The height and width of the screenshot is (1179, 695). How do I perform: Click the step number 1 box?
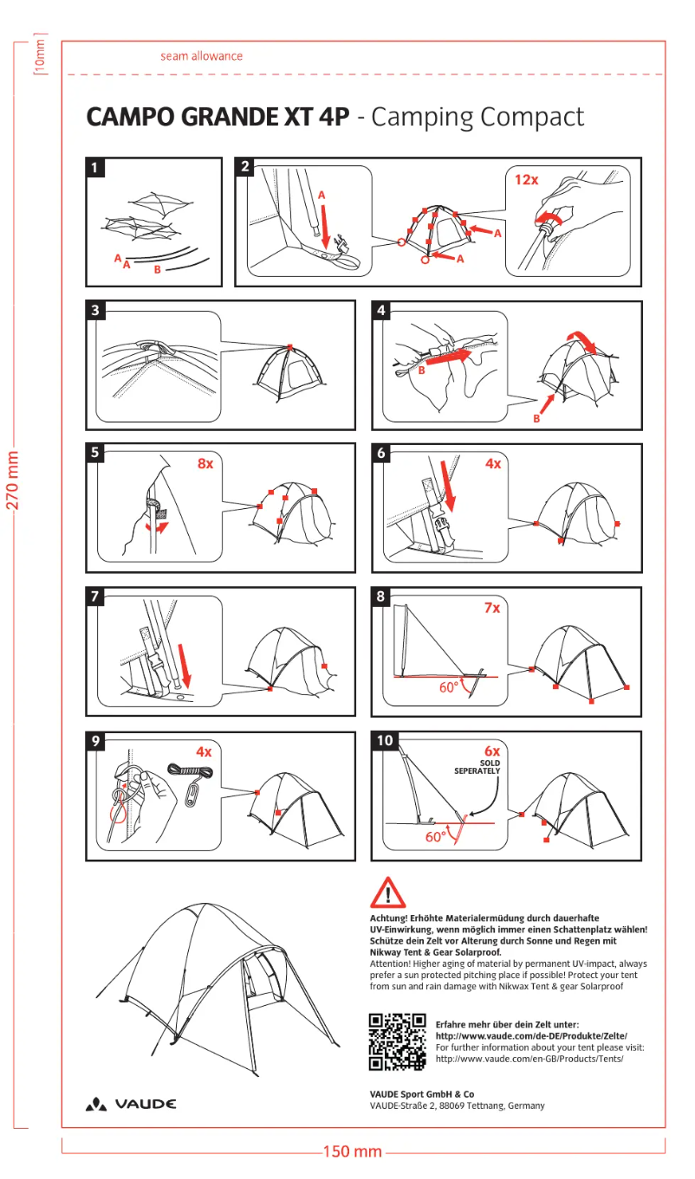tap(96, 168)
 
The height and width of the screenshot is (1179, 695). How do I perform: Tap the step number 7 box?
tap(96, 596)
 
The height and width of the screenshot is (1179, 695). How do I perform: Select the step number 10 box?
tap(385, 741)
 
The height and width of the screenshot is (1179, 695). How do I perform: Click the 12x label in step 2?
tap(526, 180)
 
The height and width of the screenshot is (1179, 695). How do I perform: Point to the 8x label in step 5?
tap(205, 464)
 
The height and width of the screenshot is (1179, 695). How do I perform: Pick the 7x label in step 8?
tap(492, 609)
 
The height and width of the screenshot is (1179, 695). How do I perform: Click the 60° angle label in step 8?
tap(449, 688)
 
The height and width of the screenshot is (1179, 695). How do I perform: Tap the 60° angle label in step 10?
tap(436, 837)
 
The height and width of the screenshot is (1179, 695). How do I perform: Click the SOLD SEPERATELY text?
tap(477, 767)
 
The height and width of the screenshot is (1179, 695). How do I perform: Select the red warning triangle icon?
tap(387, 892)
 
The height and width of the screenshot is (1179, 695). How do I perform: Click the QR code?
tap(398, 1041)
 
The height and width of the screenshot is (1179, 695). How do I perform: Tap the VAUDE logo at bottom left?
tap(131, 1105)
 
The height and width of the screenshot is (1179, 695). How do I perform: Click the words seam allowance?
tap(201, 56)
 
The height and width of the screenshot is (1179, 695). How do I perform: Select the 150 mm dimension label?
tap(352, 1151)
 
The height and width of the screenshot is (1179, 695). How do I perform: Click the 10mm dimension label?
tap(39, 55)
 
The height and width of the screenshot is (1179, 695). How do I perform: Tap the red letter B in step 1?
tap(157, 270)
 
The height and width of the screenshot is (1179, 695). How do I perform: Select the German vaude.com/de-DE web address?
tap(530, 1036)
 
